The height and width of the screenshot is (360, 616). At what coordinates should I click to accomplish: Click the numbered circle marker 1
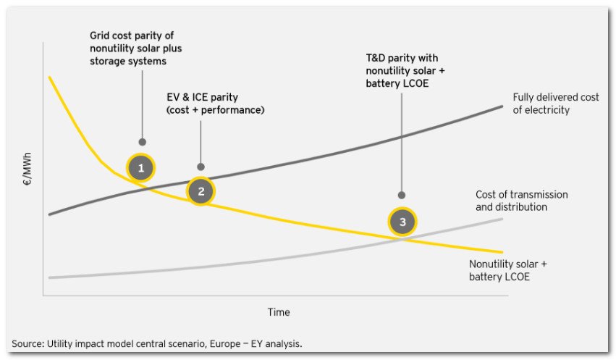[x=141, y=169]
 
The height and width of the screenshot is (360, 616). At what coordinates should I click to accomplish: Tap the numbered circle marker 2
[x=201, y=191]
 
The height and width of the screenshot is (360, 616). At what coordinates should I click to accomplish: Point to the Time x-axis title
[x=279, y=312]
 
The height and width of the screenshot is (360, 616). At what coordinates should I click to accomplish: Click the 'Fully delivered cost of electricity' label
[x=555, y=104]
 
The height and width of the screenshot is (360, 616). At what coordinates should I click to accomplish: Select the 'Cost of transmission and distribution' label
[x=521, y=201]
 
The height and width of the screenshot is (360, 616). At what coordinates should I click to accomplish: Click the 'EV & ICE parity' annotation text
[x=215, y=104]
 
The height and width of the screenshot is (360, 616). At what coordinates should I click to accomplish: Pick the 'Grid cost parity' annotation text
[x=132, y=48]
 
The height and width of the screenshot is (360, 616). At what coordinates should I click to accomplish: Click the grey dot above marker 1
[x=142, y=142]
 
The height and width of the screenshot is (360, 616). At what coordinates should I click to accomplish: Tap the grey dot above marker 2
[x=201, y=167]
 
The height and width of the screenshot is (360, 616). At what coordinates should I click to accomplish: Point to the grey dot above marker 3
[x=402, y=195]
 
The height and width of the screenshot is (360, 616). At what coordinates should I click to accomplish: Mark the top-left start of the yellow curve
[x=49, y=77]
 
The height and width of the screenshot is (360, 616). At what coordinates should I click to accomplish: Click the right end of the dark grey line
[x=502, y=106]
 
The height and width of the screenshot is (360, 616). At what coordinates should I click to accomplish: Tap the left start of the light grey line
[x=49, y=277]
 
